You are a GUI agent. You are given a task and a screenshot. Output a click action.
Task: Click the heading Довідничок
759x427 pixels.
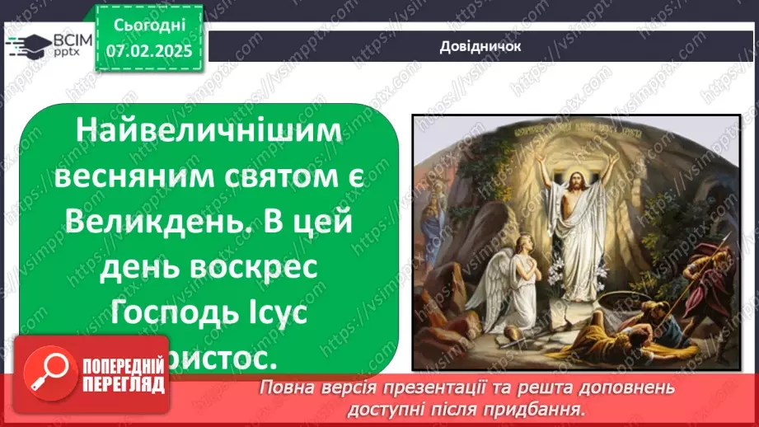[x=480, y=46]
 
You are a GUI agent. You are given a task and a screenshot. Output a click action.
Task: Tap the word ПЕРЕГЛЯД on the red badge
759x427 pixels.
[x=123, y=384]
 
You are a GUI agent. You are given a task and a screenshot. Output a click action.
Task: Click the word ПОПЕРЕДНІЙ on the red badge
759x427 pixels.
[x=123, y=366]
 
